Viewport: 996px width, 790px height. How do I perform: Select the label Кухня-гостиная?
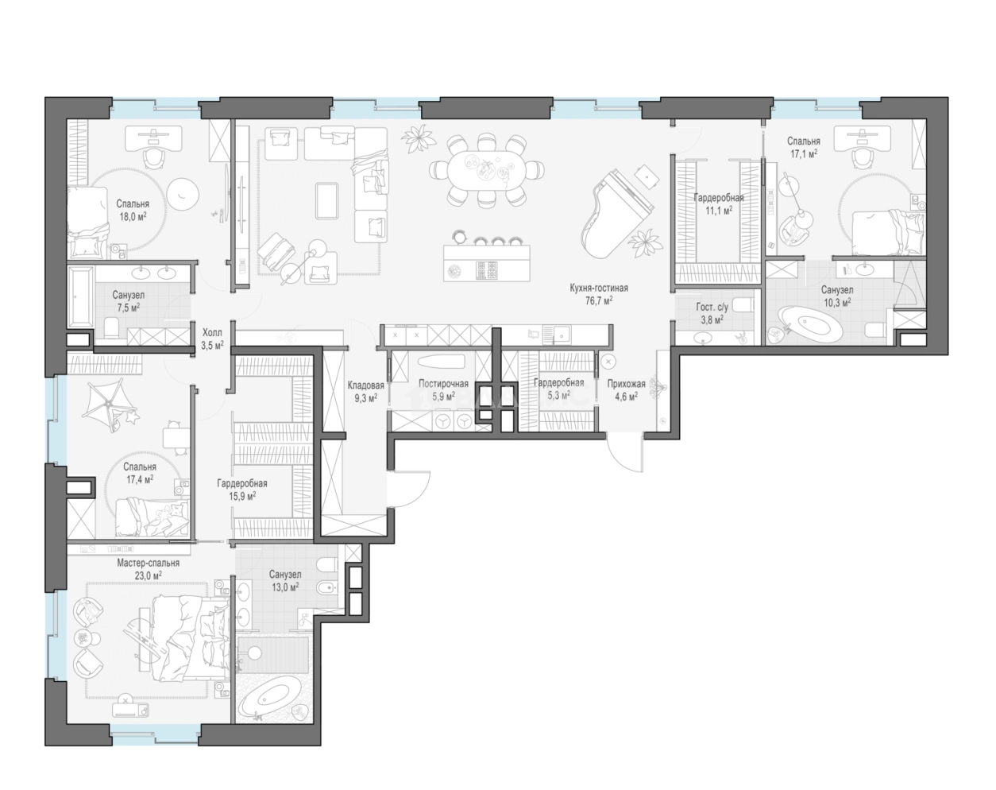(599, 288)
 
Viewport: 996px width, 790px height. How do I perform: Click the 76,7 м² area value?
(599, 300)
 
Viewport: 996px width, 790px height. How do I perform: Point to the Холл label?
(212, 332)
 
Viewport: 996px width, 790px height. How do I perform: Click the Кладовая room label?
(365, 385)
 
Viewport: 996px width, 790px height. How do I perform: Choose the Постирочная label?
(443, 383)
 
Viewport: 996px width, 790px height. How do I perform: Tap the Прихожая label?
(626, 383)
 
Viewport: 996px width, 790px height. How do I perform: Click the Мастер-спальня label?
(148, 563)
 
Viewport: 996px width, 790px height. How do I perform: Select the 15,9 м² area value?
(242, 496)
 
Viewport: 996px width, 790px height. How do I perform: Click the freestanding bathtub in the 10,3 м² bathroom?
(806, 323)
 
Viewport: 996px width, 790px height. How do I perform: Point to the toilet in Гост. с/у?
(744, 304)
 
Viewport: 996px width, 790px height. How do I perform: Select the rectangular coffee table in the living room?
(327, 200)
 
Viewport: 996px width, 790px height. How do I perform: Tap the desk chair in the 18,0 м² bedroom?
(153, 157)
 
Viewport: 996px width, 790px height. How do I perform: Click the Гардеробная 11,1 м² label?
(719, 203)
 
